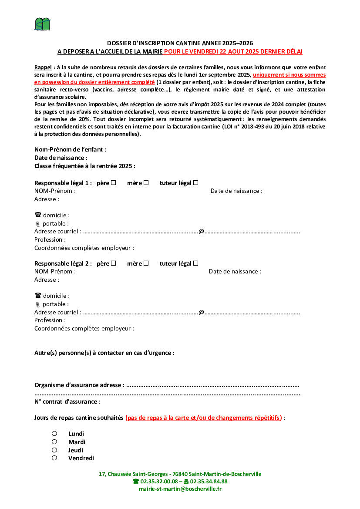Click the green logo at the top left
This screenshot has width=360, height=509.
point(43,24)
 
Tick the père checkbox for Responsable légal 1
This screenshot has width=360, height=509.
point(114,183)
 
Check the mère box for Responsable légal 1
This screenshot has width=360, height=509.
point(146,183)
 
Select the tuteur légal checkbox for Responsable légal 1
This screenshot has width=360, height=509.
point(196,183)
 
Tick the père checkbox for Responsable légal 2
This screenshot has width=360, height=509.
point(114,263)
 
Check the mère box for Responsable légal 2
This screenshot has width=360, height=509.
point(146,263)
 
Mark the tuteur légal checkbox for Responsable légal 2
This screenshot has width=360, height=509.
point(196,263)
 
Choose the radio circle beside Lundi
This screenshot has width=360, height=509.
point(54,434)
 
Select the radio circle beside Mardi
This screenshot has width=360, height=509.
point(54,442)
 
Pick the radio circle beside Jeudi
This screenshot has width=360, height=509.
point(54,450)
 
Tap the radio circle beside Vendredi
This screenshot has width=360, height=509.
point(54,458)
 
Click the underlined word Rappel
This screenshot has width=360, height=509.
point(43,67)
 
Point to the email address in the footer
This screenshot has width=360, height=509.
point(180,489)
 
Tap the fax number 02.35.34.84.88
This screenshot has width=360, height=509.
point(209,482)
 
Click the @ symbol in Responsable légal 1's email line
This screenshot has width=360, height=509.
point(202,232)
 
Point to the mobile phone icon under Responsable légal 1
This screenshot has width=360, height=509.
point(37,224)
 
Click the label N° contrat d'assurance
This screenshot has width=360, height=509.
point(67,402)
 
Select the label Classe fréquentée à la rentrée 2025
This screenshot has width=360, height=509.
point(84,166)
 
